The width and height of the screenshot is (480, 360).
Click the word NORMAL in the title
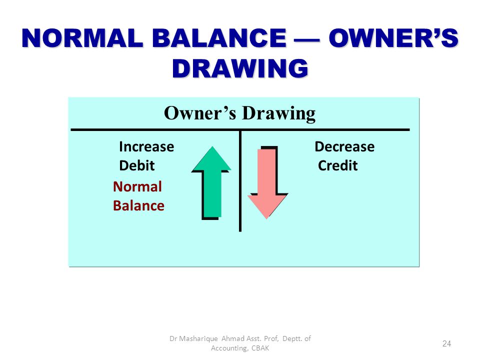(82, 38)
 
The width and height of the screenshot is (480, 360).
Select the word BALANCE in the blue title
(219, 38)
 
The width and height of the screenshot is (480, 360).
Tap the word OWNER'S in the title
(393, 38)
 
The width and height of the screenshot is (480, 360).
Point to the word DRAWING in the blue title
(240, 68)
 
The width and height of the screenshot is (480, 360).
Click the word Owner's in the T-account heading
(200, 113)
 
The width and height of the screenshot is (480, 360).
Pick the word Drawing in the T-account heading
(279, 114)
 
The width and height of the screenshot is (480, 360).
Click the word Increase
(146, 146)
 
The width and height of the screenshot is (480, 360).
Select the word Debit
(137, 165)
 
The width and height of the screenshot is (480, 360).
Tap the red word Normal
(137, 186)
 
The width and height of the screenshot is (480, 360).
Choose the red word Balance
(138, 205)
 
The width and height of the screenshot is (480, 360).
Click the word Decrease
(344, 146)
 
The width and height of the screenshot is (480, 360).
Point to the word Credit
(337, 165)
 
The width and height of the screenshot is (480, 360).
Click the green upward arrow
(211, 182)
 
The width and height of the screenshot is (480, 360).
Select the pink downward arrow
(267, 182)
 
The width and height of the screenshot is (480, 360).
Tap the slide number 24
(446, 343)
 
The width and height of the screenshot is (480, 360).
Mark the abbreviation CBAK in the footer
(260, 348)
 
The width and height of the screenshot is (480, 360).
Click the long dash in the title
(307, 39)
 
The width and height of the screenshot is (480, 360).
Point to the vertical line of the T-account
(240, 181)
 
